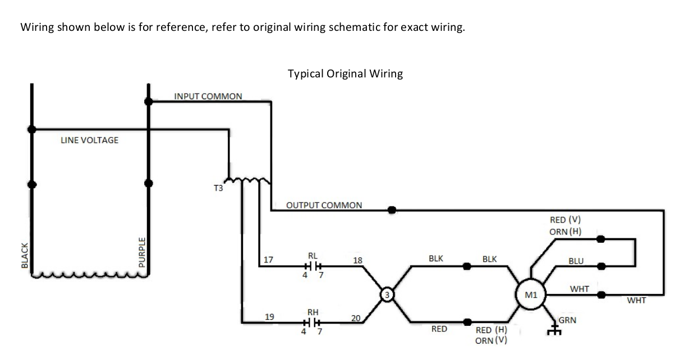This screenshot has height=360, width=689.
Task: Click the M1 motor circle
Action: click(x=530, y=294)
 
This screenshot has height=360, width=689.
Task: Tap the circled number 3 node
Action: click(x=386, y=294)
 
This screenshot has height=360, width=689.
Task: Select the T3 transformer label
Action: click(x=218, y=188)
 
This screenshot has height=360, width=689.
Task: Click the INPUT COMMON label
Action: click(x=208, y=96)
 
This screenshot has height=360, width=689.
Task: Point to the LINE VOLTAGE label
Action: click(x=90, y=140)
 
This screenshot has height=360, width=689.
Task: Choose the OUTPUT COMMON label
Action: click(x=324, y=205)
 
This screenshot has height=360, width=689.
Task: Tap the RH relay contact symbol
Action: click(x=313, y=322)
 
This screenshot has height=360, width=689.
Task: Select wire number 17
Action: click(x=268, y=260)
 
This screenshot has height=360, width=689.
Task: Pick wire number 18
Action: click(x=357, y=260)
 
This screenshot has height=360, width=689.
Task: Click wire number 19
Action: click(x=269, y=317)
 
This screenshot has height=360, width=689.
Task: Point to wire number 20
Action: click(x=355, y=319)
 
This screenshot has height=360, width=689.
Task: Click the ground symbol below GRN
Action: click(x=554, y=331)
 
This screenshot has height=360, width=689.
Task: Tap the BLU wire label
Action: click(x=576, y=261)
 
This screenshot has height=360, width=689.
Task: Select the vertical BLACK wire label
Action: click(x=24, y=255)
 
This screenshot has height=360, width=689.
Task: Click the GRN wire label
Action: click(x=568, y=320)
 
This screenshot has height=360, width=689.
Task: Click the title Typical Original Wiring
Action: click(x=345, y=73)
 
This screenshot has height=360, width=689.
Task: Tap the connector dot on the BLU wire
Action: click(x=601, y=266)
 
